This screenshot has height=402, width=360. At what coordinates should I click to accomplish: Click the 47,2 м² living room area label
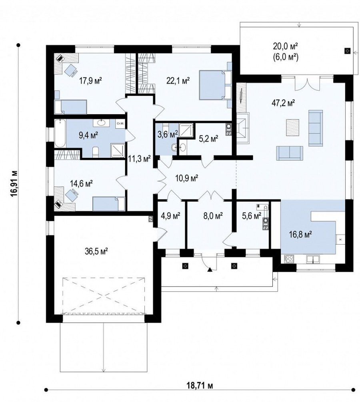(x=283, y=103)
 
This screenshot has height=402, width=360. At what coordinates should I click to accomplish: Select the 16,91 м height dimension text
(x=14, y=183)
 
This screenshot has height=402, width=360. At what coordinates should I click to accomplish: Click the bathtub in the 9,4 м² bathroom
(x=60, y=133)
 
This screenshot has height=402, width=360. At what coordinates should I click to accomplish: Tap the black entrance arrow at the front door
(x=210, y=269)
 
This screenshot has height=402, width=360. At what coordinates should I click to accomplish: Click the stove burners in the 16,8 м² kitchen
(x=289, y=259)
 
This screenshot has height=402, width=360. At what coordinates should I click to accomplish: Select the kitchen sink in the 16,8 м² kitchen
(x=313, y=259)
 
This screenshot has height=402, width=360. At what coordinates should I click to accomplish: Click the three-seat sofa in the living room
(x=315, y=128)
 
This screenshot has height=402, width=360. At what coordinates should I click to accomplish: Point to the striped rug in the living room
(x=292, y=127)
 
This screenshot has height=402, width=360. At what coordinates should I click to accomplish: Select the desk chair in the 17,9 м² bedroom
(x=70, y=70)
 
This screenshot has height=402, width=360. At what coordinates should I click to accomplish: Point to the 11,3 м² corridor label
(x=139, y=159)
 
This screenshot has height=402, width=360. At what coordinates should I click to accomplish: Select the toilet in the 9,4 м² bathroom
(x=95, y=152)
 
